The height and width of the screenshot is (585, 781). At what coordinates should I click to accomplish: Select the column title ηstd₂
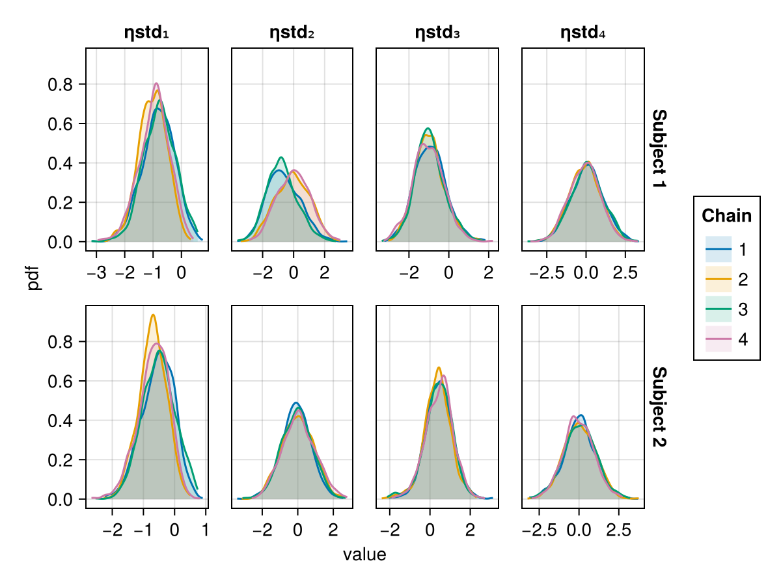coord(292,32)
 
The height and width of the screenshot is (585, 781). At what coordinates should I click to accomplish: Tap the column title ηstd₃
coord(437,32)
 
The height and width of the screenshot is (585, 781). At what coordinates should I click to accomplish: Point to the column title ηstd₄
coord(583,32)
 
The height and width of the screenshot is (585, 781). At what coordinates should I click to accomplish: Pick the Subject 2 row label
coord(659,407)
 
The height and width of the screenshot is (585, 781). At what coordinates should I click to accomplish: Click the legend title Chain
coord(727,216)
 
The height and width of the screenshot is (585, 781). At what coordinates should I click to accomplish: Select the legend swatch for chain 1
coord(719,249)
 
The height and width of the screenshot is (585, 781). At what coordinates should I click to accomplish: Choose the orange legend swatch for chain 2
coord(719,279)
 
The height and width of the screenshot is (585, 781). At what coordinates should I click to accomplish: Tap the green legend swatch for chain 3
coord(719,310)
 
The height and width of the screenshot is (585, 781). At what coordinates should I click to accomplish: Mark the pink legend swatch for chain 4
coord(719,340)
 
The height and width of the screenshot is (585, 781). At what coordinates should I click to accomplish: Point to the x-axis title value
coord(364,555)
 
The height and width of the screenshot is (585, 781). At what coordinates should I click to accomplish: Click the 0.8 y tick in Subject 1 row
coord(61,84)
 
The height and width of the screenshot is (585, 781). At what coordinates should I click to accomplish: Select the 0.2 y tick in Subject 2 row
coord(61,460)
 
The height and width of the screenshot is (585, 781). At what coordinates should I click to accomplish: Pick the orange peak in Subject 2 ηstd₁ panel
coord(153,315)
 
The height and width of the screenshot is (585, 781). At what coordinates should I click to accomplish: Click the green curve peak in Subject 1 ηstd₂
coord(281,157)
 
